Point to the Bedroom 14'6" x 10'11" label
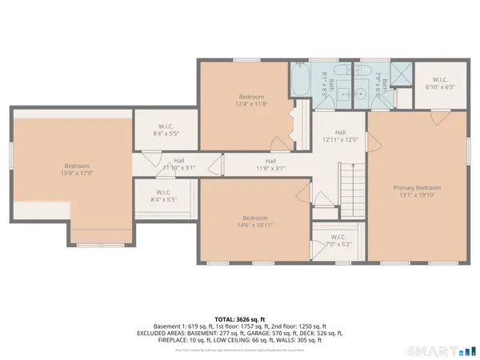(x=254, y=222)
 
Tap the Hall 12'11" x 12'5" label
(x=340, y=138)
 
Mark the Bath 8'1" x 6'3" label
(x=323, y=82)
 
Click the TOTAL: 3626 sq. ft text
(x=240, y=318)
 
